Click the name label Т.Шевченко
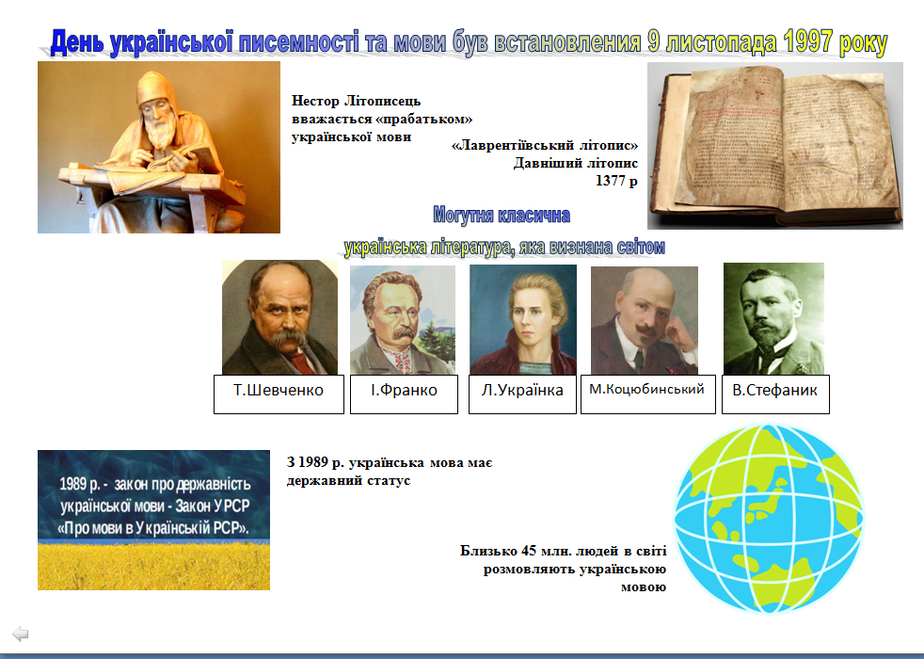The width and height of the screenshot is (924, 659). coord(279,394)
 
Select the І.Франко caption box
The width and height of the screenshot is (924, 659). coord(404,394)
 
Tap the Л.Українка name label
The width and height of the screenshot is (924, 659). coord(522,394)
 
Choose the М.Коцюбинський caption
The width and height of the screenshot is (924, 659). coord(647,394)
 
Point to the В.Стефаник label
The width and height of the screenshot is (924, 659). coord(775,394)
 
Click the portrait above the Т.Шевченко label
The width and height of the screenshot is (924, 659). coord(279,317)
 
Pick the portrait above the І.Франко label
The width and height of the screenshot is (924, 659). coord(403,320)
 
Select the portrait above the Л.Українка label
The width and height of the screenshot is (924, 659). coord(523,319)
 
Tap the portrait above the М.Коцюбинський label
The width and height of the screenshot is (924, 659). coord(645,321)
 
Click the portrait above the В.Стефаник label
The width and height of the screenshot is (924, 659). coord(773,319)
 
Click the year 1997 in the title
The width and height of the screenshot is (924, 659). coord(808,41)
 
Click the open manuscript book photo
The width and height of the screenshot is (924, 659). coord(775,146)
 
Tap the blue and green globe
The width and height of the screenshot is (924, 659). coord(769,519)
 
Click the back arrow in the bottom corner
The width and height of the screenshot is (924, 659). coord(21,634)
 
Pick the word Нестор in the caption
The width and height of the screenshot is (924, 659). coord(315,101)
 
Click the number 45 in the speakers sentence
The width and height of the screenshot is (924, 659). coord(529,551)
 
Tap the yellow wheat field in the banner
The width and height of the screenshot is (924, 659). coord(153,566)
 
